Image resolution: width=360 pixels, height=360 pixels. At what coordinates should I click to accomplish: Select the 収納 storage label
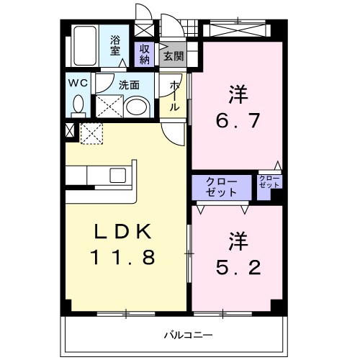[143, 54]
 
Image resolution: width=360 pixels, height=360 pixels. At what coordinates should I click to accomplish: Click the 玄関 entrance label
[172, 55]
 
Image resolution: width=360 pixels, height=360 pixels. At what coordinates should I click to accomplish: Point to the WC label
[78, 82]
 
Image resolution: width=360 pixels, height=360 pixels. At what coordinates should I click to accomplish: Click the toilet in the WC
[78, 105]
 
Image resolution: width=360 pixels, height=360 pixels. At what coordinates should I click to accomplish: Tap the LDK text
[122, 232]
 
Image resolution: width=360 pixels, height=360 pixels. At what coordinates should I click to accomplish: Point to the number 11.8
[122, 257]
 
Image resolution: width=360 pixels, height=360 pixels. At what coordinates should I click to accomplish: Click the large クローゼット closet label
[222, 186]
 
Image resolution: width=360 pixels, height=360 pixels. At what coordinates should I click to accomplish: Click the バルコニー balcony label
[187, 335]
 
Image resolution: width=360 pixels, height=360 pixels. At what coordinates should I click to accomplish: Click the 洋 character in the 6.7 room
[235, 94]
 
